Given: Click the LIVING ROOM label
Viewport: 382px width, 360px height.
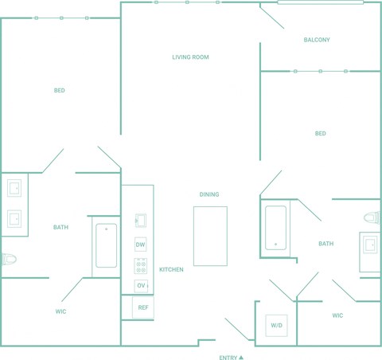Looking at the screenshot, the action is pos(190,57).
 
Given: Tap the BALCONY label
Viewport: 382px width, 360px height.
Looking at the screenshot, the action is pos(317,40).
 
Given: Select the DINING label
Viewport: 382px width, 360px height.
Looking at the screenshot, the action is pos(209,194).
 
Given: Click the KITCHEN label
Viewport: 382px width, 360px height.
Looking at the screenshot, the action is pos(171,269).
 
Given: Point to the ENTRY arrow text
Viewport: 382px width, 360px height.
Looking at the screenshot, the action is pos(231,358).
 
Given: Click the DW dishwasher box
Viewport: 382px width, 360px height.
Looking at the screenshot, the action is pos(140,245).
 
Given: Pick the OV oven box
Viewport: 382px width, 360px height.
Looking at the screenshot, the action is pos(141,286).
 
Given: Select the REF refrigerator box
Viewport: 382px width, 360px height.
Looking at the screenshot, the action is pos(143,307).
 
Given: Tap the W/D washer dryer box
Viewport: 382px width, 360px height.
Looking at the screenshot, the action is pos(276,326).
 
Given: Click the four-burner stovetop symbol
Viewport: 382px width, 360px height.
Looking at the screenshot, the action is pos(141,266).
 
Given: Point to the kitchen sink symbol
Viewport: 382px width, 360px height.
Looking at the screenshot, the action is pos(141,221).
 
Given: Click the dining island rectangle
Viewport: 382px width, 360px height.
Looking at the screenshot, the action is pos(210,236).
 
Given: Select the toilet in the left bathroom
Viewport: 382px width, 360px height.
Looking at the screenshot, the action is pos(9,259).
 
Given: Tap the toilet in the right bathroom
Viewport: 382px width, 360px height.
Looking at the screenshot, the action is pos(372,218).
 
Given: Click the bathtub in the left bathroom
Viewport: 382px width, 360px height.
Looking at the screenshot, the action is pos(106,245).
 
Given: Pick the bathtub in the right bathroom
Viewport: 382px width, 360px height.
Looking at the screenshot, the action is pos(276,228).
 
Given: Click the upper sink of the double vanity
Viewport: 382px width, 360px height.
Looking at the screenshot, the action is pos(14,188).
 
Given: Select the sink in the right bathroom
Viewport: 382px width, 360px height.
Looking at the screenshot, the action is pos(370,245).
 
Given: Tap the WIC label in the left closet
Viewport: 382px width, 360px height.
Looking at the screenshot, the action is pos(60,311).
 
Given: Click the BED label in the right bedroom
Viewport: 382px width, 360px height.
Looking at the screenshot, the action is pos(321,133).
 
